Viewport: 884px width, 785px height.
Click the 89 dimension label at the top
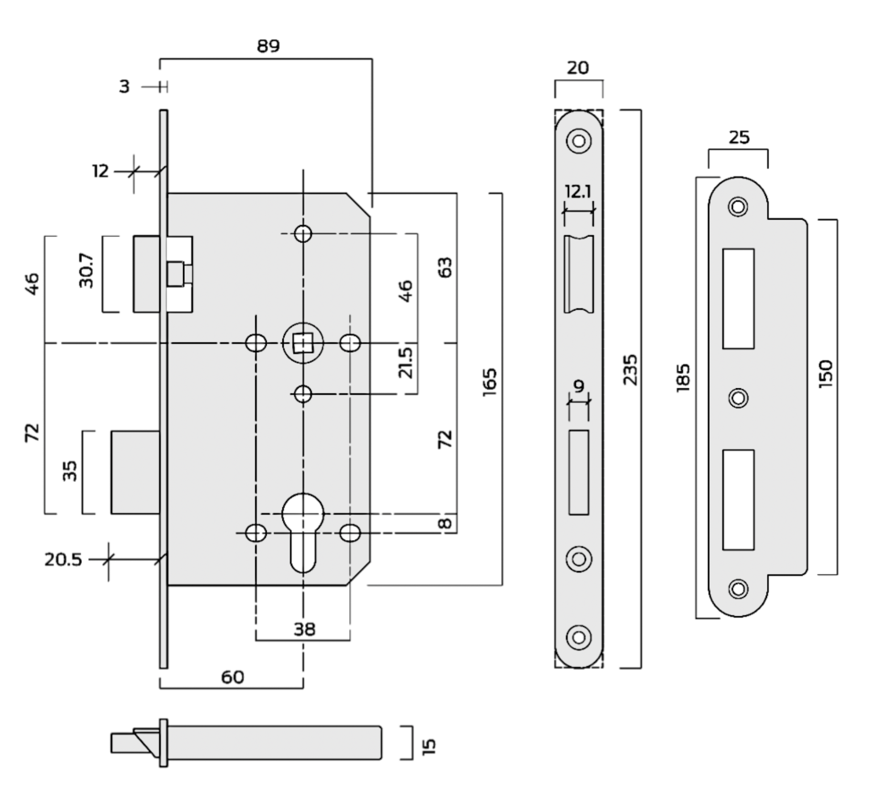point(268,46)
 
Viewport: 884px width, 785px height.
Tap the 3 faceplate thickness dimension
point(124,86)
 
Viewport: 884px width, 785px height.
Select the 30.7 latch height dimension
point(87,271)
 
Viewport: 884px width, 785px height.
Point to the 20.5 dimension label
point(63,560)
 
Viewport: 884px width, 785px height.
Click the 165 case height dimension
point(489,383)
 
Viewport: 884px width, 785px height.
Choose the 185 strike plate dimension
point(683,377)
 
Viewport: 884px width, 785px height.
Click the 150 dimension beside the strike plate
point(825,374)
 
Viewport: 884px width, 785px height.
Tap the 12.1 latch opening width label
point(578,191)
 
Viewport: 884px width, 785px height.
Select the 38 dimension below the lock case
point(304,629)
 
